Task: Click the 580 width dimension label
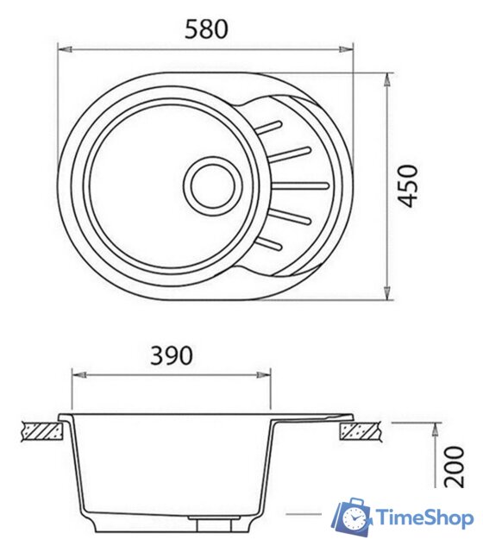tap(207, 28)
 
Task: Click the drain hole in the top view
tap(212, 185)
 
